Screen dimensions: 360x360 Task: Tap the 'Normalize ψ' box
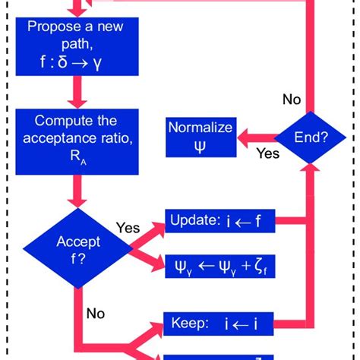point(200,137)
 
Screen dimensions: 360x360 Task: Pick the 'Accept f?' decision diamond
point(77,248)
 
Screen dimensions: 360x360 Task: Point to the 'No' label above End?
point(292,99)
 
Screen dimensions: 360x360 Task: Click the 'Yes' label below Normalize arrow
point(267,154)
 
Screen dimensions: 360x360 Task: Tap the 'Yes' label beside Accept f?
point(128,227)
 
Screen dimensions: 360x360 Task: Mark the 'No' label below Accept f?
point(96,312)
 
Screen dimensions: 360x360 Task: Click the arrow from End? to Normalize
point(254,137)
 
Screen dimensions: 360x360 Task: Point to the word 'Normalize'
point(201,127)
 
